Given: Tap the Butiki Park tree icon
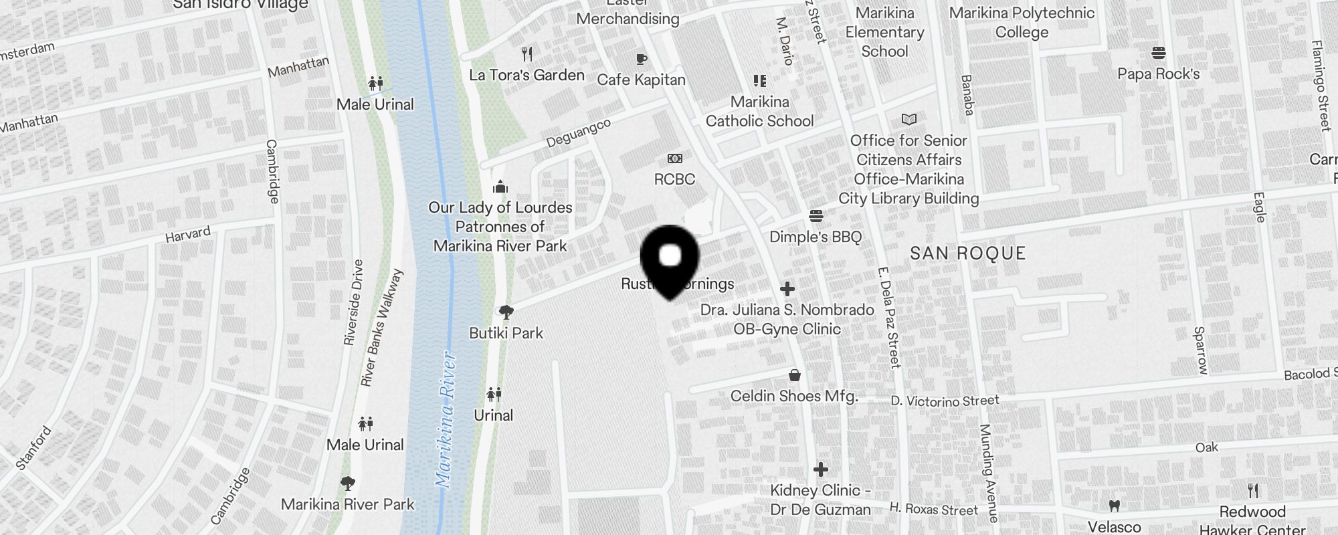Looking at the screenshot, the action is click(506, 312).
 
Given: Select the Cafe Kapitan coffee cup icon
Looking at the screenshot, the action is click(642, 60).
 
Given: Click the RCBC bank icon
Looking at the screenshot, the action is click(675, 159).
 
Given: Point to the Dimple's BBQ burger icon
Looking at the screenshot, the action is click(816, 216).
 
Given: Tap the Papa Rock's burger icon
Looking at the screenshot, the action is click(1159, 53).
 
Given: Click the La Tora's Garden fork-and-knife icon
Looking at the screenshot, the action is click(527, 54).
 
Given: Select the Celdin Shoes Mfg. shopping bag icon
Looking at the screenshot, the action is click(794, 375).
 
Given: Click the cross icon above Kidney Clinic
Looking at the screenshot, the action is click(821, 469).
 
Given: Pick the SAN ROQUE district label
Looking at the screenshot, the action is click(968, 253).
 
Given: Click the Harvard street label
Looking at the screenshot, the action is click(188, 235).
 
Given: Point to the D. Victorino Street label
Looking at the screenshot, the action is click(945, 401).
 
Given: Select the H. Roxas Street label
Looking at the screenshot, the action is click(933, 510).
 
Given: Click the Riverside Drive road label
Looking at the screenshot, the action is click(353, 302).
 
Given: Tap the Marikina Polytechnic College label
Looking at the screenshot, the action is click(1022, 23).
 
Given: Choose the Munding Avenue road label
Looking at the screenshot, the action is click(989, 472).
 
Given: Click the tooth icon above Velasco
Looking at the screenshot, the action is click(1115, 506).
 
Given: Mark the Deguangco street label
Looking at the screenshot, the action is click(579, 133).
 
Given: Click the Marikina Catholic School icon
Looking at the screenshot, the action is click(759, 81).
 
